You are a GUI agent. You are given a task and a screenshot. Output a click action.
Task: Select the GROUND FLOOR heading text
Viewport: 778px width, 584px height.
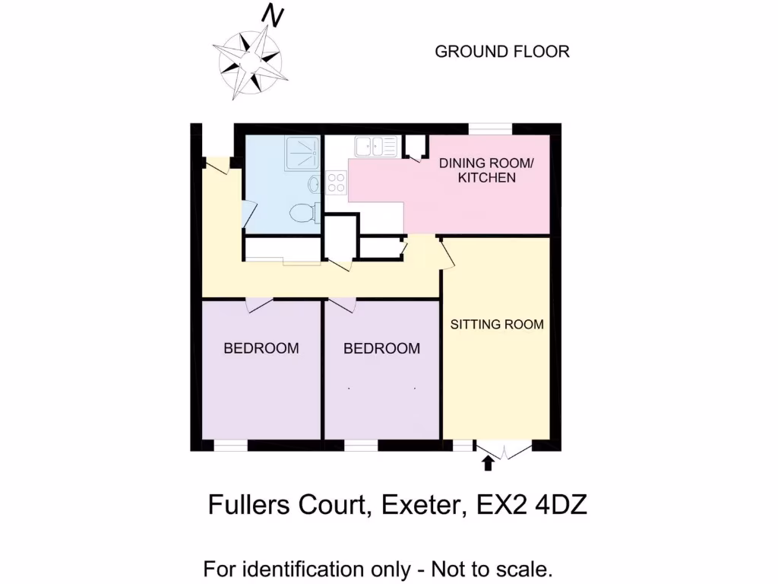point(501,52)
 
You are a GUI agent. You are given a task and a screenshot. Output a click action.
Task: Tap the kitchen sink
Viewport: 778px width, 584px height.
point(374,144)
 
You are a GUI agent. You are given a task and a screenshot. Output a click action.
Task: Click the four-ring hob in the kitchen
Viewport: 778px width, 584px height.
point(336,182)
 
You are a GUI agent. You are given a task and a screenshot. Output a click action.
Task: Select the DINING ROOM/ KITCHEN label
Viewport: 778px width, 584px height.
point(476,171)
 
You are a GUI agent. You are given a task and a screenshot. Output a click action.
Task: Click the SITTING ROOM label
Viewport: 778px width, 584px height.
point(497,325)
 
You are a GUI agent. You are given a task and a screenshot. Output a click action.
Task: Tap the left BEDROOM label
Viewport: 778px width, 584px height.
point(261,348)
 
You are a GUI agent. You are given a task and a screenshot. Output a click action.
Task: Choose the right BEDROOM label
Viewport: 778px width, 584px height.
point(381,348)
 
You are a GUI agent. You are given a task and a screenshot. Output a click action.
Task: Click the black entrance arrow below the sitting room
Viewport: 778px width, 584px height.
point(488,462)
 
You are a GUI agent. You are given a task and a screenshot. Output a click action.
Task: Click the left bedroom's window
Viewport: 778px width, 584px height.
point(229,446)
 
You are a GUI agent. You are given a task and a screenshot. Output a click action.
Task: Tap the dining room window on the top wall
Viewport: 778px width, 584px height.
point(489,129)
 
